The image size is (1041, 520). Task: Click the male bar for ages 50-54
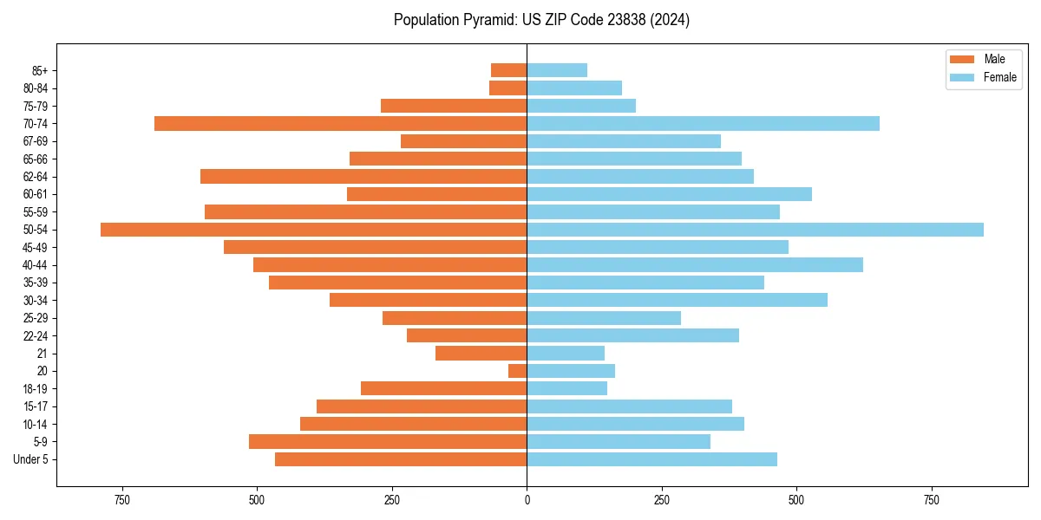point(313,230)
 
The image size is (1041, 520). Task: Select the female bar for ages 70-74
point(703,124)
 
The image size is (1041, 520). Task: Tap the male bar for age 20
point(518,371)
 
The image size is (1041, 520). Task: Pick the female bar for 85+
point(557,70)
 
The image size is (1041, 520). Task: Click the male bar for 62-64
point(363,177)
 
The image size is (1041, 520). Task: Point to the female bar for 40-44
point(695,265)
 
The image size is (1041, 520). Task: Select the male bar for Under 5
point(401,459)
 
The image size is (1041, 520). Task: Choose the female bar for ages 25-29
point(604,318)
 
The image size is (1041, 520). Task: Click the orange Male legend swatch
point(962,59)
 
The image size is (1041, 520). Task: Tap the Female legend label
point(999,77)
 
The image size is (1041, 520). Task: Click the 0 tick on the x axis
point(527,500)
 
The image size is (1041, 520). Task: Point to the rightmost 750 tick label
point(932,500)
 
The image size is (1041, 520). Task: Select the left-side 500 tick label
point(257,500)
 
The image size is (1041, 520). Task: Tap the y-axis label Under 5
point(31,459)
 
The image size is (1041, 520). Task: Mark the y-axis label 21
point(43,354)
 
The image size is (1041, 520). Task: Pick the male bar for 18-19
point(443,388)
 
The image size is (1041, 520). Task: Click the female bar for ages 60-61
point(669,194)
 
